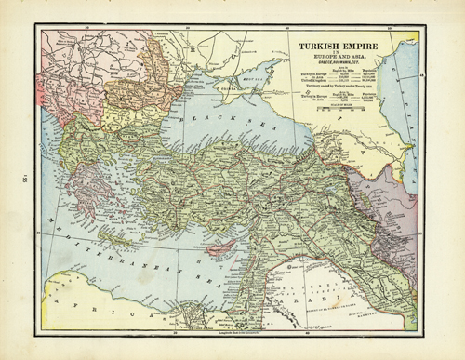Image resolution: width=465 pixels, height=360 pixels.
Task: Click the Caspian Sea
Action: tap(409, 102)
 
